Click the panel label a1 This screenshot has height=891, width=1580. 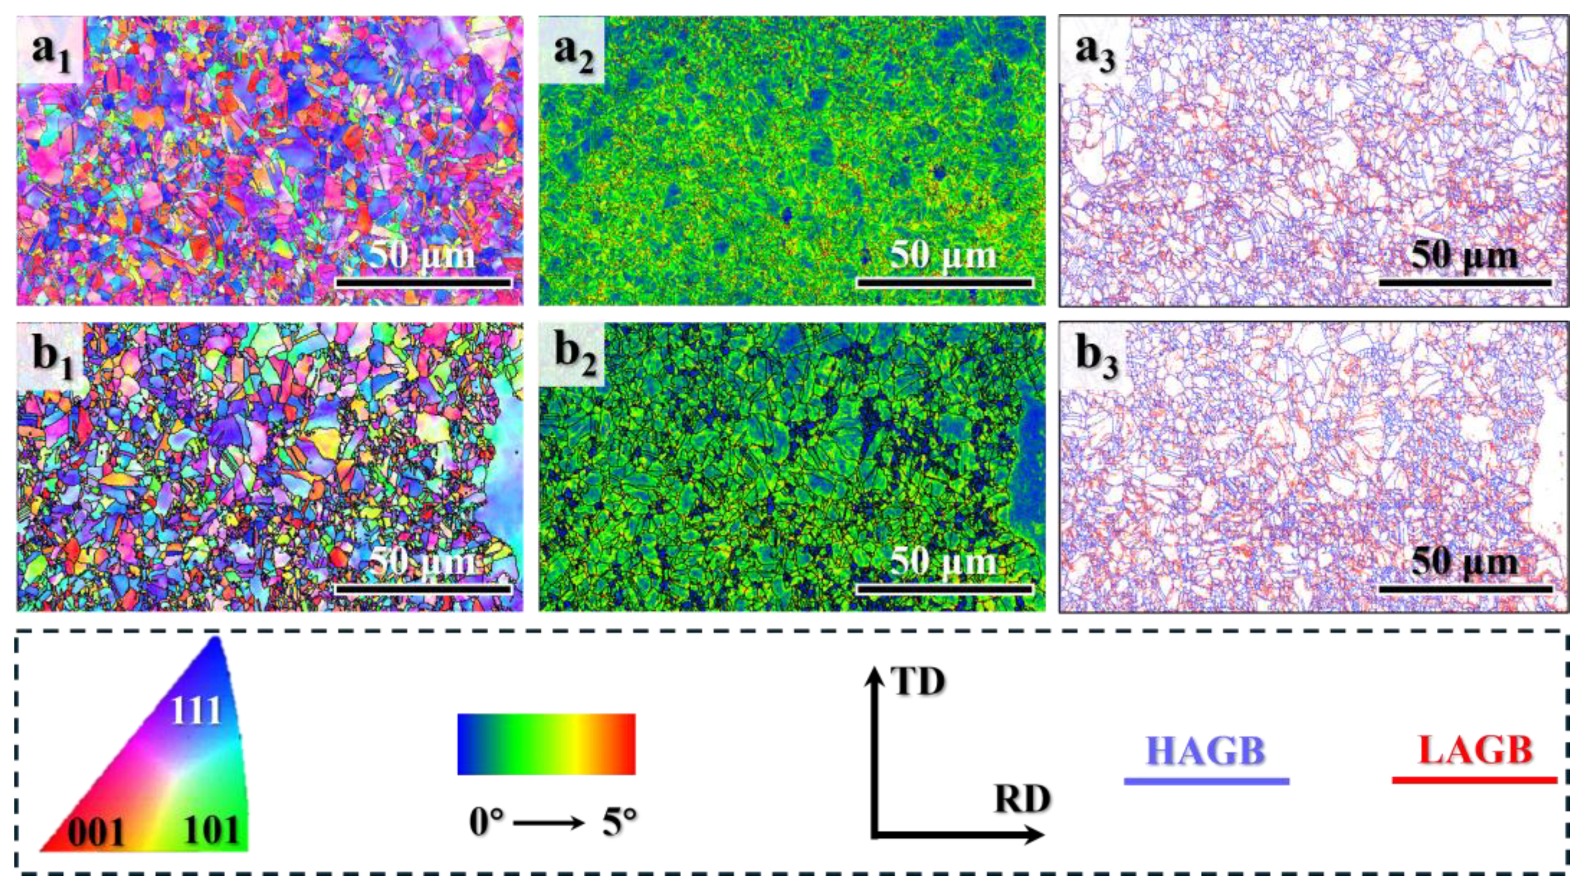click(50, 54)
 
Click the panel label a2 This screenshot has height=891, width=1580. click(573, 54)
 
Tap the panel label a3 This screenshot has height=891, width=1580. click(1095, 54)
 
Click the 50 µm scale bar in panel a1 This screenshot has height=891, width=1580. click(424, 283)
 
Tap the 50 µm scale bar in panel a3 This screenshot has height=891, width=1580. click(1466, 283)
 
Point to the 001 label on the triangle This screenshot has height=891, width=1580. click(96, 832)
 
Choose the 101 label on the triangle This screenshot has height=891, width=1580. click(211, 831)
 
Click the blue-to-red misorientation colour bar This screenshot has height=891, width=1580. click(546, 744)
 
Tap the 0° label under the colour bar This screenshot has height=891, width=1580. click(486, 822)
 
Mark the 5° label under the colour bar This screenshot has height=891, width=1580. click(619, 822)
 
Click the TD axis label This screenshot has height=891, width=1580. click(918, 681)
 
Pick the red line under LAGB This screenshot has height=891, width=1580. click(1475, 781)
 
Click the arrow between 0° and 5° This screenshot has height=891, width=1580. click(549, 823)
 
